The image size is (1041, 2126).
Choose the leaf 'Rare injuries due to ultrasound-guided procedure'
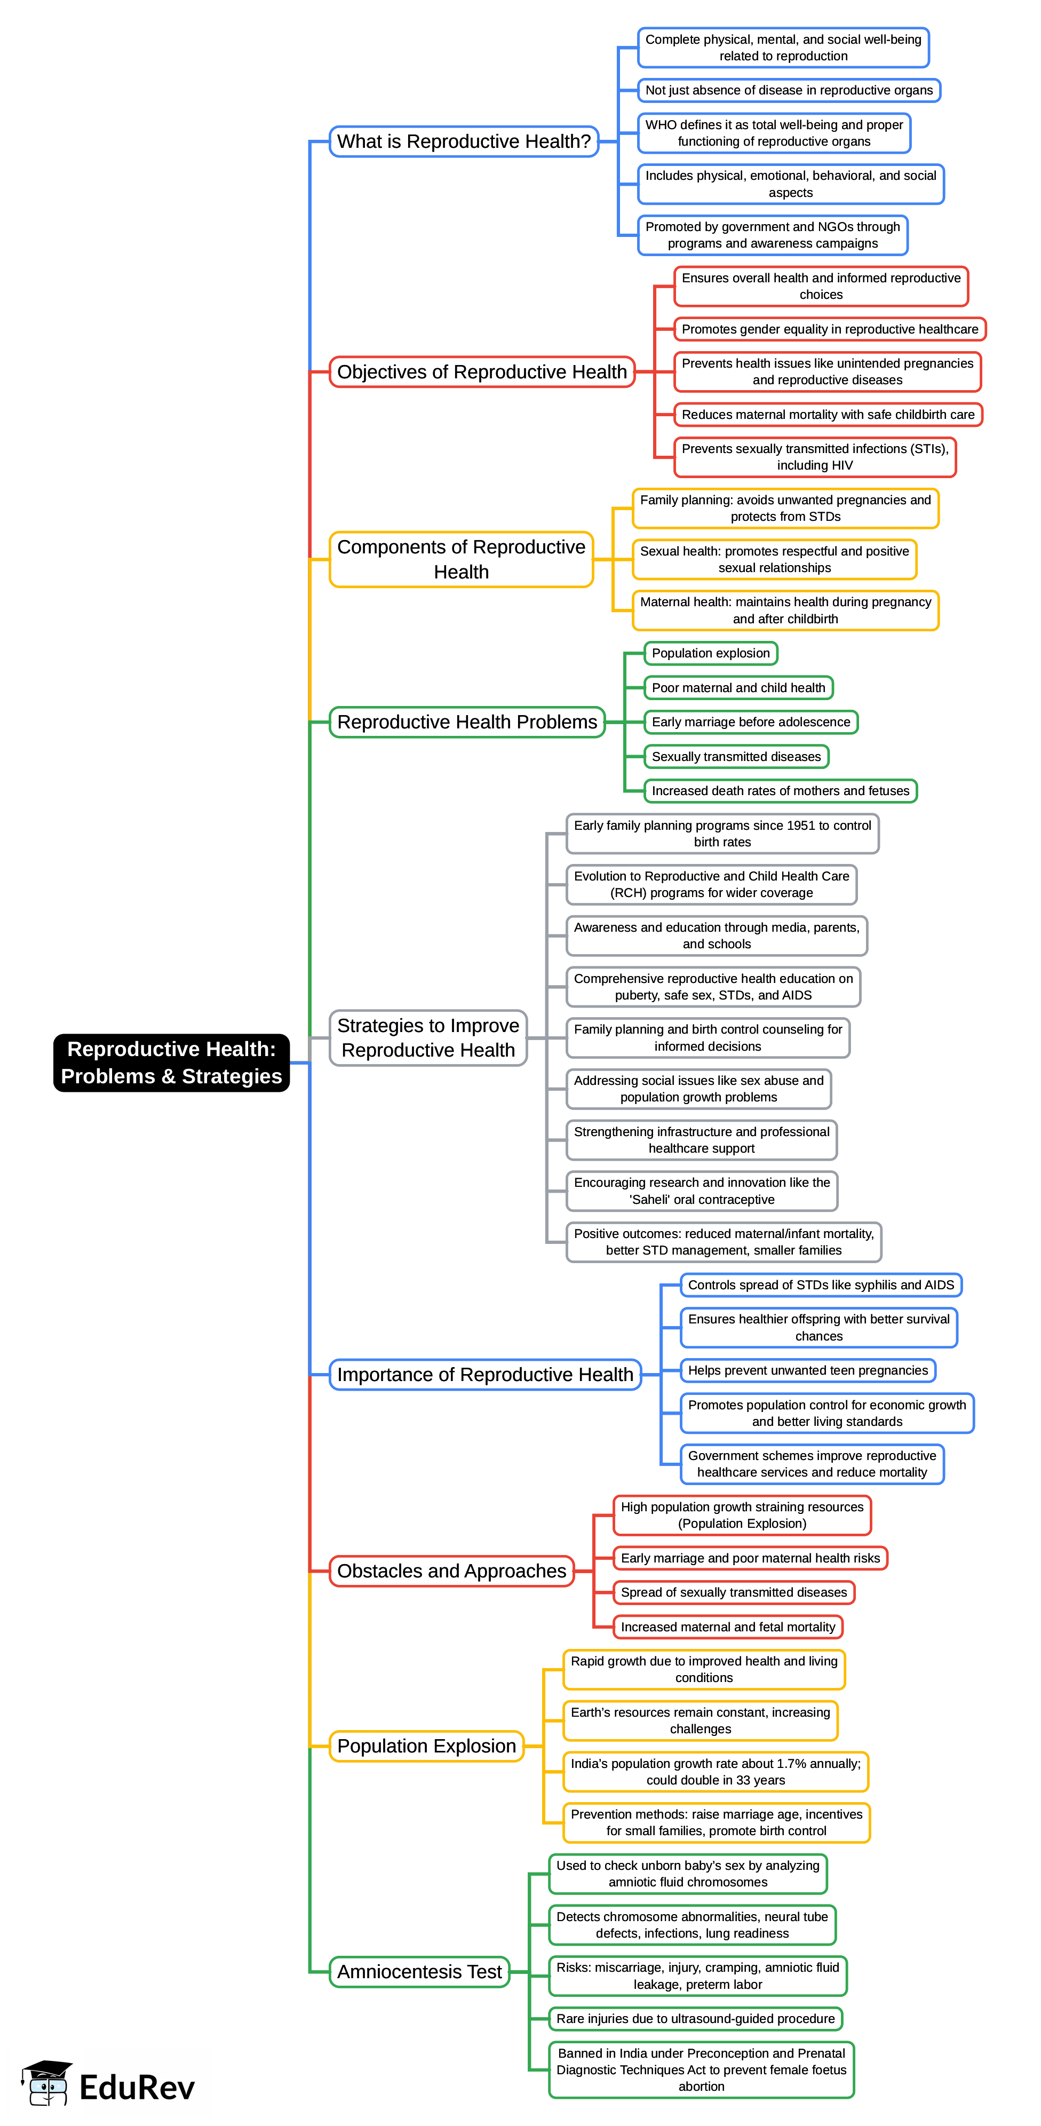(695, 2019)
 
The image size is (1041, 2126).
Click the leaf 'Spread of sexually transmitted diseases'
(733, 1592)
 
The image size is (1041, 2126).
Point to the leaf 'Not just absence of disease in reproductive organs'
(789, 90)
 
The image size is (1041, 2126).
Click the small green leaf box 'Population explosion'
(710, 653)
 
